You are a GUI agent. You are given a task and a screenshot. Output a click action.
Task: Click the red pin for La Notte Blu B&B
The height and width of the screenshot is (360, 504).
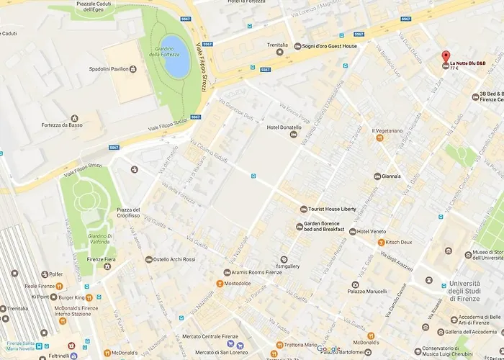[445, 58]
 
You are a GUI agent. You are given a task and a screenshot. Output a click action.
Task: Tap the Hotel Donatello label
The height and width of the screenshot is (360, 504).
[284, 127]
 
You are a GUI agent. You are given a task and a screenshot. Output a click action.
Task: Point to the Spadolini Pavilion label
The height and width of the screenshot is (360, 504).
[109, 69]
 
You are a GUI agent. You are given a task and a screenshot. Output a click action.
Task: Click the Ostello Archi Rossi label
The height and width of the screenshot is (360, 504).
[174, 259]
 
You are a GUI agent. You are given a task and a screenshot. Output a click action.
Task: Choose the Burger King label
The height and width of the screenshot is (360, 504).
[72, 296]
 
